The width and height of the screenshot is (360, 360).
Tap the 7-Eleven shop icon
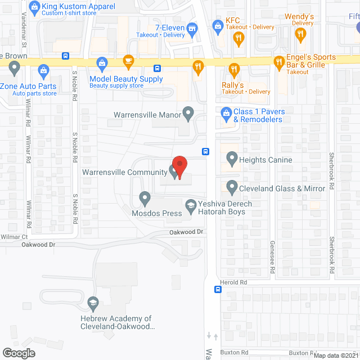pyautogui.click(x=192, y=28)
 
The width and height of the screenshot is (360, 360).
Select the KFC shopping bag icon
pyautogui.click(x=218, y=25)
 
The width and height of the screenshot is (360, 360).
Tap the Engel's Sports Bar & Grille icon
pyautogui.click(x=278, y=61)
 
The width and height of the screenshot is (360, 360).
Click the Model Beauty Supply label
pyautogui.click(x=126, y=79)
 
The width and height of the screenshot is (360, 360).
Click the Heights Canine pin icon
pyautogui.click(x=231, y=160)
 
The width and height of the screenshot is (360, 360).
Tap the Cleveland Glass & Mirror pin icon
pyautogui.click(x=231, y=187)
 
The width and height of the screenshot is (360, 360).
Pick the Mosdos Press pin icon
pyautogui.click(x=145, y=198)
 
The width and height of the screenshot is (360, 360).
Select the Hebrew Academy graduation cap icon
pyautogui.click(x=92, y=304)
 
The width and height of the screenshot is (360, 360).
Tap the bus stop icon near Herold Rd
pyautogui.click(x=217, y=290)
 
